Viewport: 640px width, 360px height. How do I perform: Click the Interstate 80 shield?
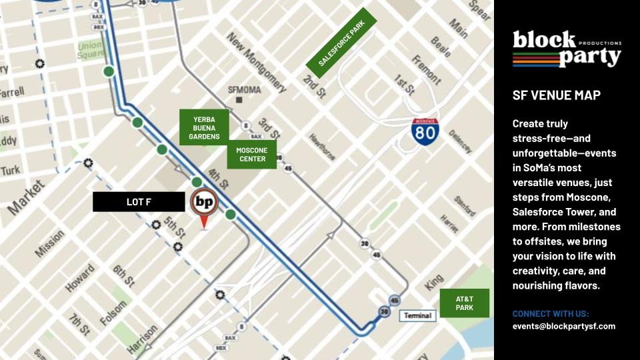click(x=425, y=132)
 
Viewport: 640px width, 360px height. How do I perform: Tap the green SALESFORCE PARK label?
click(x=341, y=43)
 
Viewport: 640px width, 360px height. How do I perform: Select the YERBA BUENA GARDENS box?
click(x=204, y=127)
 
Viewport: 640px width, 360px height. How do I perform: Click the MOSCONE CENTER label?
click(x=251, y=155)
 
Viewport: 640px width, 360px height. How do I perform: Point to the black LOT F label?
click(x=139, y=202)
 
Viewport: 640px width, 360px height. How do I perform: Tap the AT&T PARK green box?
click(x=464, y=303)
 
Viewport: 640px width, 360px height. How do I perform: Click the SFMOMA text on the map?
click(x=245, y=90)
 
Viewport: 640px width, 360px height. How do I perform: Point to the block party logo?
click(x=567, y=49)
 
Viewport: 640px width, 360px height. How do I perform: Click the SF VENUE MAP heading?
click(x=556, y=95)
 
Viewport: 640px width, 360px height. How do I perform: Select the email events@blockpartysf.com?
click(x=563, y=327)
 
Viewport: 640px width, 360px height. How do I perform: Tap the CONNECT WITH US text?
click(x=551, y=314)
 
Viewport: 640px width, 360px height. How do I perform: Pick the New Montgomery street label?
click(x=257, y=62)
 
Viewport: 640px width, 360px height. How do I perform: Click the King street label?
click(x=434, y=283)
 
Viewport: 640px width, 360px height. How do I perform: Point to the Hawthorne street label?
click(x=322, y=147)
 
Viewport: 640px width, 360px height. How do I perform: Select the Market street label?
click(x=26, y=197)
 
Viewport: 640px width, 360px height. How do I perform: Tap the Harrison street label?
click(x=142, y=339)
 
